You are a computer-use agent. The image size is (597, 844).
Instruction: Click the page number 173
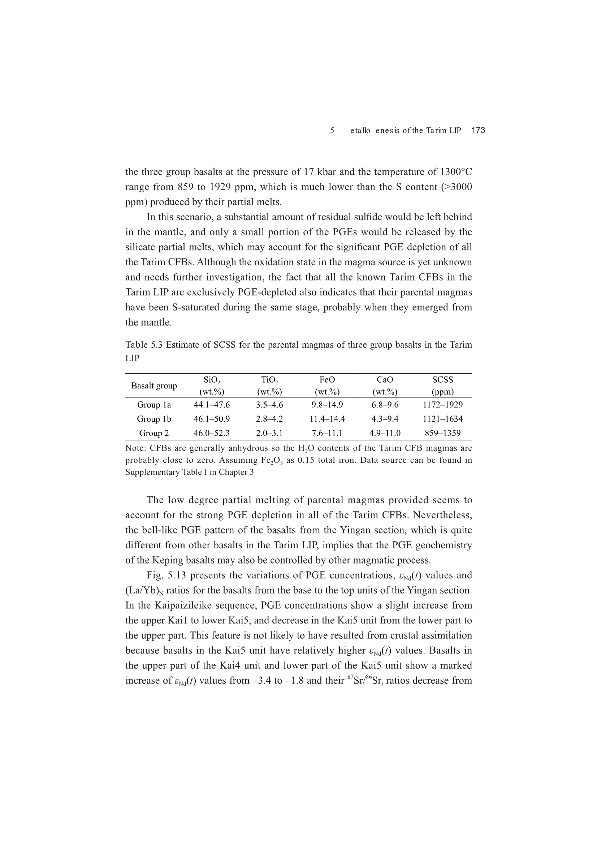pos(478,130)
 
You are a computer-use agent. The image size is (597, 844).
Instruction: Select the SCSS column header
pos(442,385)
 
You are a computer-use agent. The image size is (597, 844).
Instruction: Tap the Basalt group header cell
pos(154,386)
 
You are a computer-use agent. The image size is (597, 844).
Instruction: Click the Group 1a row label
pos(154,405)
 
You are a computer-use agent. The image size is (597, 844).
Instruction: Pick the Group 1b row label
pos(154,419)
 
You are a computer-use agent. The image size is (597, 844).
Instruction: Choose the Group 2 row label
pos(154,433)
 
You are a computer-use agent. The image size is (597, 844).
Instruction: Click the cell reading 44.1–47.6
pos(212,405)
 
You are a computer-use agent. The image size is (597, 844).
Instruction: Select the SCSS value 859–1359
pos(442,433)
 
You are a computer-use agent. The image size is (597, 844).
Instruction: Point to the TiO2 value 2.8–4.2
pos(270,419)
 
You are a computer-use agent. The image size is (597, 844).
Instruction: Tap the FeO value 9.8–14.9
pos(327,405)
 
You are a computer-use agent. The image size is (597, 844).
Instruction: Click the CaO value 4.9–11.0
pos(385,433)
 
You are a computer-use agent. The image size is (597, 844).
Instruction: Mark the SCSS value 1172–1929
pos(442,405)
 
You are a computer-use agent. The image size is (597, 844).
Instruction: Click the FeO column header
pos(327,385)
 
